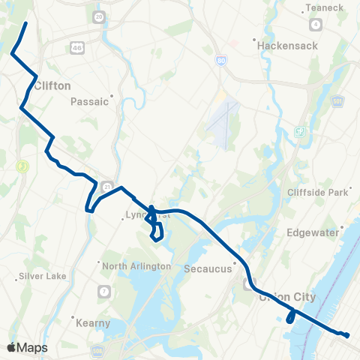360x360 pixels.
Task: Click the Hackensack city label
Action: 288,46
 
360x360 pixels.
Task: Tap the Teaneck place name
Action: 324,8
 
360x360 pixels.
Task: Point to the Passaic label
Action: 91,101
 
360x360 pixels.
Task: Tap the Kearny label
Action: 94,323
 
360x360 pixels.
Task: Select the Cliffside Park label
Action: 318,192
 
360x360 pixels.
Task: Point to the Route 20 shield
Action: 99,16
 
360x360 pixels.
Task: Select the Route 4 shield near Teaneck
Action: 316,25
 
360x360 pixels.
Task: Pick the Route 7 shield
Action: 103,290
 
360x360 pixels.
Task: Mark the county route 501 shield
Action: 338,100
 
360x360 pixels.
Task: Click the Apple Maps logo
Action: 27,347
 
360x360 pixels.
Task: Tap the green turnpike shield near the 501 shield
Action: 300,132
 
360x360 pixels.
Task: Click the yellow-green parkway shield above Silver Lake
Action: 22,166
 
